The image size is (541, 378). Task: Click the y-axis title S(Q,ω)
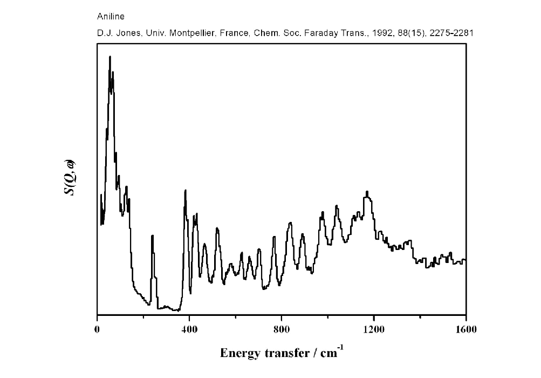(x=70, y=178)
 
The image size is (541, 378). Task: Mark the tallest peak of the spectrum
(x=110, y=57)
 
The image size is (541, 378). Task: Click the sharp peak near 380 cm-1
(x=186, y=191)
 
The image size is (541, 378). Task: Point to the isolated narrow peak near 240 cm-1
(x=153, y=236)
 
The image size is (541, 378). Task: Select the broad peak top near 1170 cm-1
(x=367, y=192)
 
